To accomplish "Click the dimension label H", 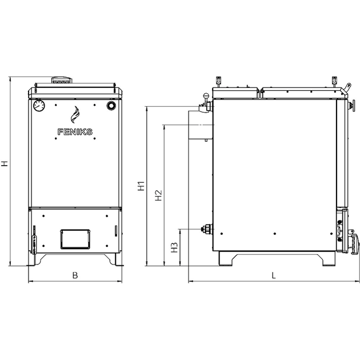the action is [5, 163].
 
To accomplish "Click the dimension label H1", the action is [141, 186].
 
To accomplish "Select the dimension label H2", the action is [159, 195].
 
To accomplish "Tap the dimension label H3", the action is [175, 247].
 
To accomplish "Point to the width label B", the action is [75, 275].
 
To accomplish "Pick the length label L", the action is [274, 275].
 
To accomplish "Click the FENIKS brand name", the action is [75, 132].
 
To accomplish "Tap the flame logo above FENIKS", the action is [75, 114].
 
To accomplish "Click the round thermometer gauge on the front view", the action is [39, 105].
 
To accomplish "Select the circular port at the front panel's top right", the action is [111, 105].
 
